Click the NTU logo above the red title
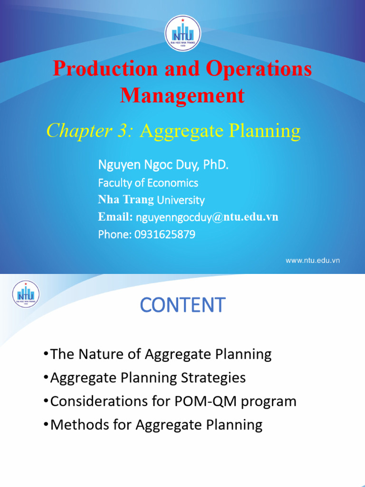pyautogui.click(x=182, y=33)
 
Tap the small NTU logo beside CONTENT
pyautogui.click(x=26, y=294)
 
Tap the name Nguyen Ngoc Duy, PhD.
pyautogui.click(x=163, y=165)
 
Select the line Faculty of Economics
pyautogui.click(x=148, y=183)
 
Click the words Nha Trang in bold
pyautogui.click(x=126, y=200)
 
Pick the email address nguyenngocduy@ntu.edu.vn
pyautogui.click(x=207, y=217)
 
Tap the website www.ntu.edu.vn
pyautogui.click(x=312, y=260)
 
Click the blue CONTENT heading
pyautogui.click(x=182, y=305)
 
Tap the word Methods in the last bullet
pyautogui.click(x=76, y=424)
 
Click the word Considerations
pyautogui.click(x=90, y=401)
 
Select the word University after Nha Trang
pyautogui.click(x=181, y=200)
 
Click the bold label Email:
pyautogui.click(x=115, y=217)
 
